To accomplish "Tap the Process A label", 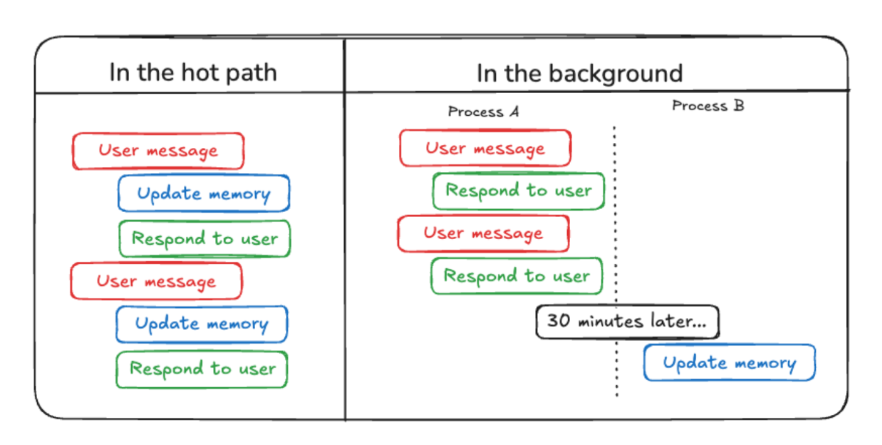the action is [484, 112].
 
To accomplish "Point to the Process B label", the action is [708, 106].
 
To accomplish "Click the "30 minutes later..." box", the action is [627, 322].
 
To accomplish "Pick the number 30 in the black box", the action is [558, 320].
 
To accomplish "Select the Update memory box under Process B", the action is [730, 363].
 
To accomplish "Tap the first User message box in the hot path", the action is [158, 151].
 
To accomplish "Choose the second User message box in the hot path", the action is [156, 281].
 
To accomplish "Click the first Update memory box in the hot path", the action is [204, 193].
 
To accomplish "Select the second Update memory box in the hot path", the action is [202, 324].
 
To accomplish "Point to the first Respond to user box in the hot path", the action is [205, 239].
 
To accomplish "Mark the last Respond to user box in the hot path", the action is [202, 369].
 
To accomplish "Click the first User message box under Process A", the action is [486, 149].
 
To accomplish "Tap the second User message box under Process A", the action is [484, 234].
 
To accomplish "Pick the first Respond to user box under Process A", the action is [518, 191].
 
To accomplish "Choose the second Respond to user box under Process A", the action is [517, 276].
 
